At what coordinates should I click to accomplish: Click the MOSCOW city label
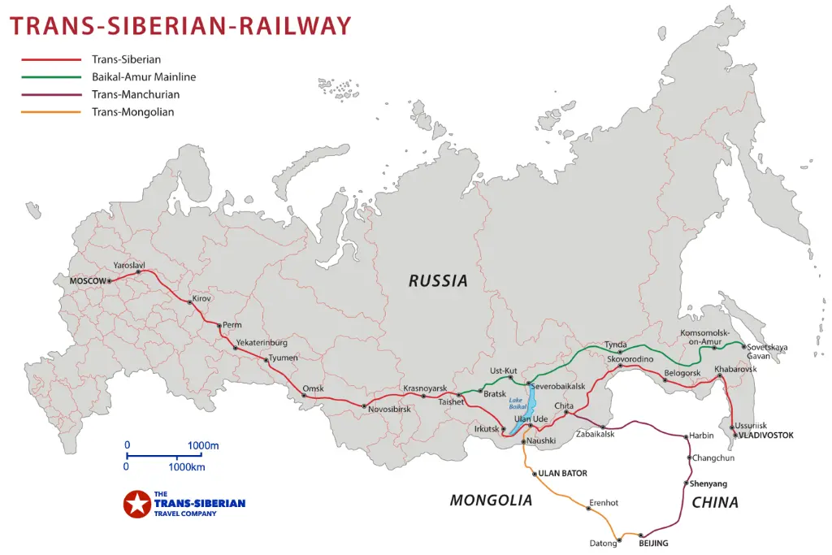[88, 281]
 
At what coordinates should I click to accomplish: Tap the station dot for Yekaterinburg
[236, 349]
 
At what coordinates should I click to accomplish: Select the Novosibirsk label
[390, 410]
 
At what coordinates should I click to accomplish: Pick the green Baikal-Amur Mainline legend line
[51, 77]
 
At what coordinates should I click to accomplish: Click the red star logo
[136, 504]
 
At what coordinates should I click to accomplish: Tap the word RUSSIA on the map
[438, 281]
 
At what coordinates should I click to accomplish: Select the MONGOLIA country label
[491, 501]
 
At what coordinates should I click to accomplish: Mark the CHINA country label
[715, 503]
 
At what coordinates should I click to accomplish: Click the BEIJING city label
[653, 543]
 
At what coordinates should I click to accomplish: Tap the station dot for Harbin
[687, 437]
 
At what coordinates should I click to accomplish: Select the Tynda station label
[616, 345]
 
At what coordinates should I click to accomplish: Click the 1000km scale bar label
[186, 467]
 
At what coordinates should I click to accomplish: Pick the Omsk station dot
[304, 397]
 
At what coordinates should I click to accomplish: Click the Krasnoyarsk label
[425, 388]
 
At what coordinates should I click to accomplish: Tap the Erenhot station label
[604, 503]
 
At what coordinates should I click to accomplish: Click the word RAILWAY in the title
[295, 25]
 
